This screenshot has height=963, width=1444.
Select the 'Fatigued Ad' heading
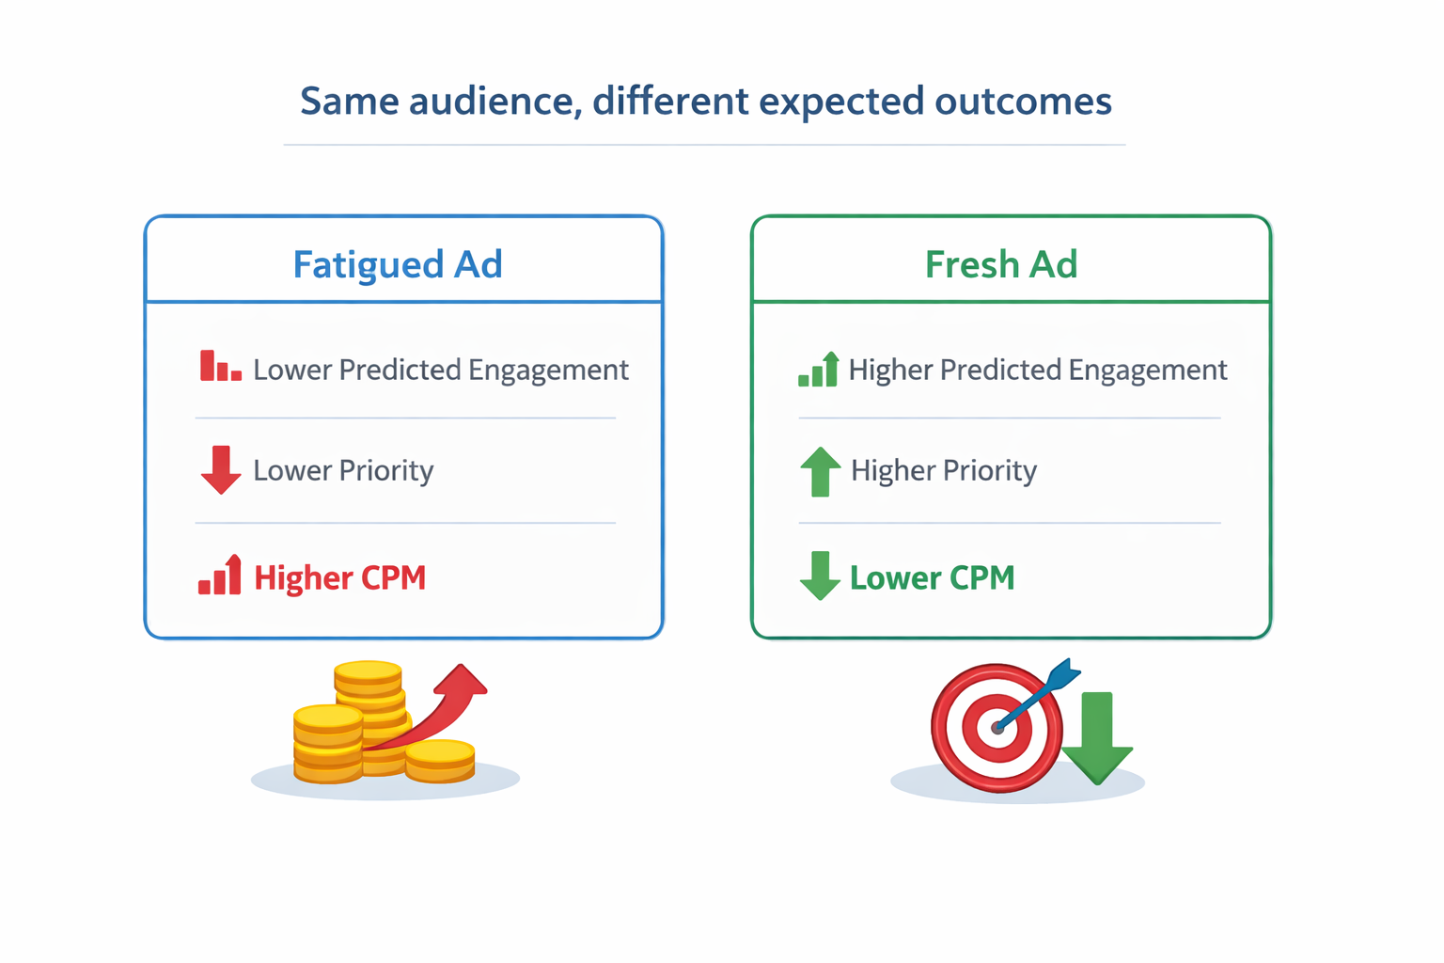click(398, 264)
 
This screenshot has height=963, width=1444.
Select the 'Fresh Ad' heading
click(1001, 264)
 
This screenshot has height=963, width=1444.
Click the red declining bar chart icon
click(220, 367)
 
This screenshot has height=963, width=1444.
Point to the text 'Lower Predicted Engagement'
click(440, 370)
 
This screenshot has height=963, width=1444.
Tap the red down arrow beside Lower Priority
click(221, 470)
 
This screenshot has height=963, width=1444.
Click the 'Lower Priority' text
click(343, 470)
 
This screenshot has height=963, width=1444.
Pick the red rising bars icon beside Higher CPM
click(220, 576)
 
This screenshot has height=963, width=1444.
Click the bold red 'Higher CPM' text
click(340, 577)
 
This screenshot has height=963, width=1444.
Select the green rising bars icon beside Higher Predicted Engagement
click(818, 370)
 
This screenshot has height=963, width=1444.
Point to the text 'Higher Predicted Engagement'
click(1037, 370)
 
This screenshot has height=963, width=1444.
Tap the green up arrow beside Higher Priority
click(820, 471)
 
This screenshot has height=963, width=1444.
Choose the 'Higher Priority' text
click(943, 470)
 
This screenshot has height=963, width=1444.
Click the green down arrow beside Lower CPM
click(820, 576)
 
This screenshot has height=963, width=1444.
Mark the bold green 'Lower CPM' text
click(932, 577)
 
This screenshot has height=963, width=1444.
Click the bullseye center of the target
click(997, 728)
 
